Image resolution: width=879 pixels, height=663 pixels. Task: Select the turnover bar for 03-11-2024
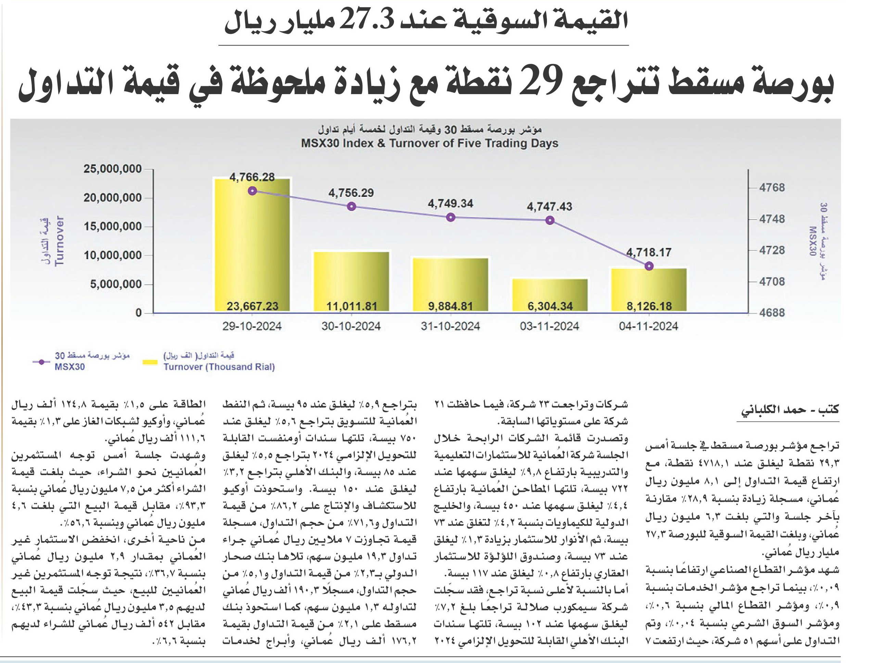click(550, 295)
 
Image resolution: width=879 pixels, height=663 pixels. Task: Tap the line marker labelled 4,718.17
click(649, 266)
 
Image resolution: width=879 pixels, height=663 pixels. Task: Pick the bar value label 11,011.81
click(351, 306)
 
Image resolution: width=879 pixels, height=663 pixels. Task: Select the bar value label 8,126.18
click(649, 306)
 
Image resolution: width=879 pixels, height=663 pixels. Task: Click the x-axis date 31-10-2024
click(450, 326)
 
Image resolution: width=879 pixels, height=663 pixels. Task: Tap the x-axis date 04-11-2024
click(649, 326)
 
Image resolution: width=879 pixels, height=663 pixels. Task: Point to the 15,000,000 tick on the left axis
click(113, 227)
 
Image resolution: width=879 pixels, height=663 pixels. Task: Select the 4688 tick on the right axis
click(772, 313)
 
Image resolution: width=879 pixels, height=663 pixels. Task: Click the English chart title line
click(430, 143)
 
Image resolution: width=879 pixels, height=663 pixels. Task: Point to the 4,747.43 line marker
click(550, 220)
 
